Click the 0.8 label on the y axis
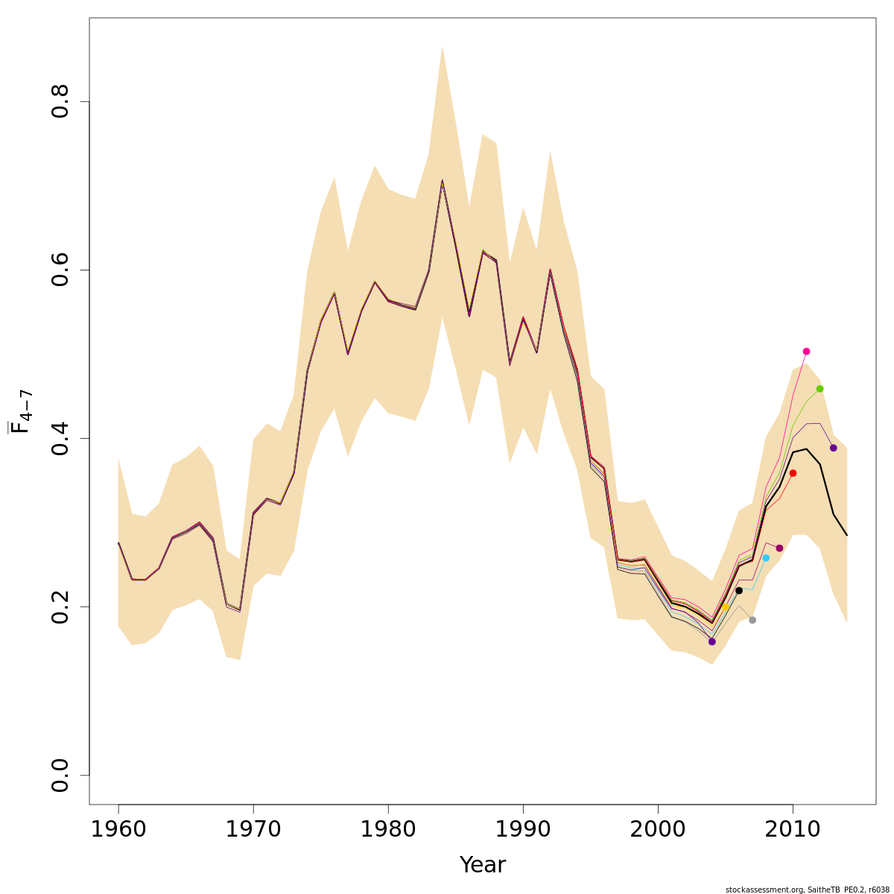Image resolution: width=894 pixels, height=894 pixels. (60, 101)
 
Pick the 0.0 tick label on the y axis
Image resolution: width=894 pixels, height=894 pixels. (60, 775)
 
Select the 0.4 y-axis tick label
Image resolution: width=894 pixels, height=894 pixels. (60, 438)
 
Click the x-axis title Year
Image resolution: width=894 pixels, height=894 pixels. (483, 865)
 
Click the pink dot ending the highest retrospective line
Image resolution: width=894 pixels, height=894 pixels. (806, 351)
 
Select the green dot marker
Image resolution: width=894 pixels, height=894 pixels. (819, 389)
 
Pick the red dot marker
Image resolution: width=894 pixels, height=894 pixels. (793, 473)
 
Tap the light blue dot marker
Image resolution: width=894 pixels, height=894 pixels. (766, 558)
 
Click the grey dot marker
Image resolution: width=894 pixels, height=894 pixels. (752, 620)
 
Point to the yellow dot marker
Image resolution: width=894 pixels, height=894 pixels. (725, 607)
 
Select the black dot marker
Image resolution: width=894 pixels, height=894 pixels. (739, 590)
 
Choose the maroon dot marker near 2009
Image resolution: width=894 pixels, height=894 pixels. (779, 548)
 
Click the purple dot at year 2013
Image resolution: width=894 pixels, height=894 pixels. (833, 448)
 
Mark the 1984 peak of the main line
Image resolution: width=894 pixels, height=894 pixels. (442, 180)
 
